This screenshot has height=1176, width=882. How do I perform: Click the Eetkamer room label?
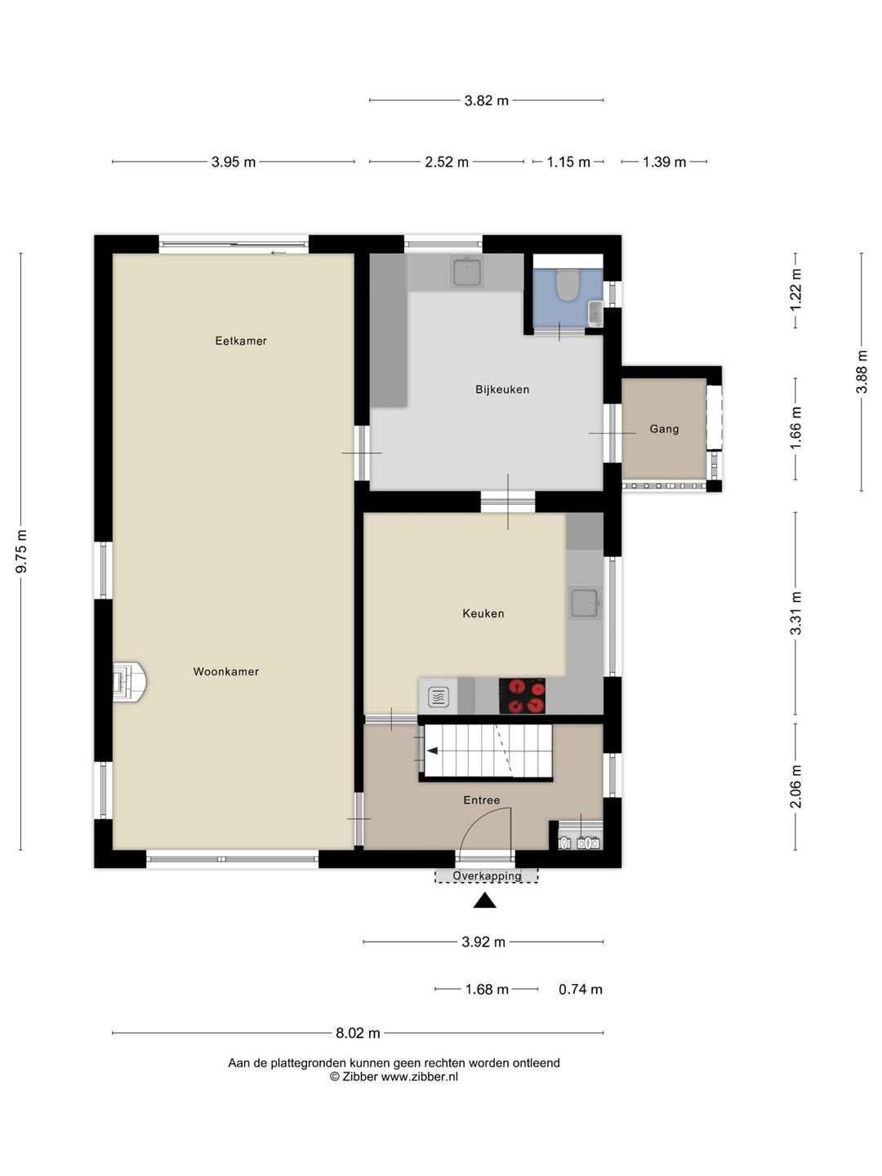(x=240, y=341)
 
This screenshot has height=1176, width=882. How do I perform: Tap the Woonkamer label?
(x=226, y=671)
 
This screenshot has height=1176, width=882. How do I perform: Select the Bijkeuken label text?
(x=502, y=390)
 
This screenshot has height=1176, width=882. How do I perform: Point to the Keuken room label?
(x=483, y=613)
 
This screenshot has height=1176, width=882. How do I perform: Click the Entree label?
(x=482, y=800)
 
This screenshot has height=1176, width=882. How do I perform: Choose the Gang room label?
(x=664, y=429)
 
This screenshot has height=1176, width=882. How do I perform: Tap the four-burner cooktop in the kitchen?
(x=522, y=696)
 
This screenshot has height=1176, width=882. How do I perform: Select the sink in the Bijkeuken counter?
(x=467, y=272)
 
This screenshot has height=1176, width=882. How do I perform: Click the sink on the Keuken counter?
(x=584, y=604)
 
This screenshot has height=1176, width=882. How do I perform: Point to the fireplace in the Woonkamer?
(x=129, y=682)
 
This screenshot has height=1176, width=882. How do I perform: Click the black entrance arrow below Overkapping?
(x=484, y=900)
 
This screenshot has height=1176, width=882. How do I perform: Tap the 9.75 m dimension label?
(x=21, y=551)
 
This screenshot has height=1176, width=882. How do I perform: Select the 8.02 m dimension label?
(x=358, y=1033)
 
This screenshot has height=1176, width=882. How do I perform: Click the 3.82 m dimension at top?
(x=486, y=100)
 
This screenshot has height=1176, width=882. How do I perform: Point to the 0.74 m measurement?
(x=581, y=989)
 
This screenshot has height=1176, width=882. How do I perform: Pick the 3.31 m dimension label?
(x=795, y=613)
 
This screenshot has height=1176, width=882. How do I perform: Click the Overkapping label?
(x=487, y=875)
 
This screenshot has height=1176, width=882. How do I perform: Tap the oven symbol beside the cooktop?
(x=439, y=697)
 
